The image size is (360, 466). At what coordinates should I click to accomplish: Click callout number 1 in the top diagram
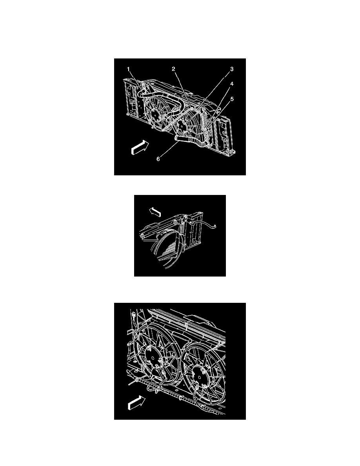click(x=128, y=69)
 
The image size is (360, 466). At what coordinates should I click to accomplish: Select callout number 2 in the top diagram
click(x=173, y=69)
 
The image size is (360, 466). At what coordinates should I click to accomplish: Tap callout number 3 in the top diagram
click(x=232, y=69)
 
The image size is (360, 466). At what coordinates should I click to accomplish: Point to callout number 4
click(x=232, y=84)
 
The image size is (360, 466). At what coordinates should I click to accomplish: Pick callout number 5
click(x=232, y=99)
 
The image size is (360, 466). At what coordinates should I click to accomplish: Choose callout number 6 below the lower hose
click(x=158, y=159)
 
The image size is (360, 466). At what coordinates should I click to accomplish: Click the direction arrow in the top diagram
click(x=140, y=147)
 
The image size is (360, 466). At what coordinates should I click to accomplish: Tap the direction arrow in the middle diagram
click(x=155, y=212)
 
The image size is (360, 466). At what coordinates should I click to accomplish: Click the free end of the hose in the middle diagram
click(x=215, y=228)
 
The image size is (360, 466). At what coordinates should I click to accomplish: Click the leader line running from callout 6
click(x=170, y=149)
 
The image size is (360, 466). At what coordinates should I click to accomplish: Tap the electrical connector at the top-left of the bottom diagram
click(x=133, y=315)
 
